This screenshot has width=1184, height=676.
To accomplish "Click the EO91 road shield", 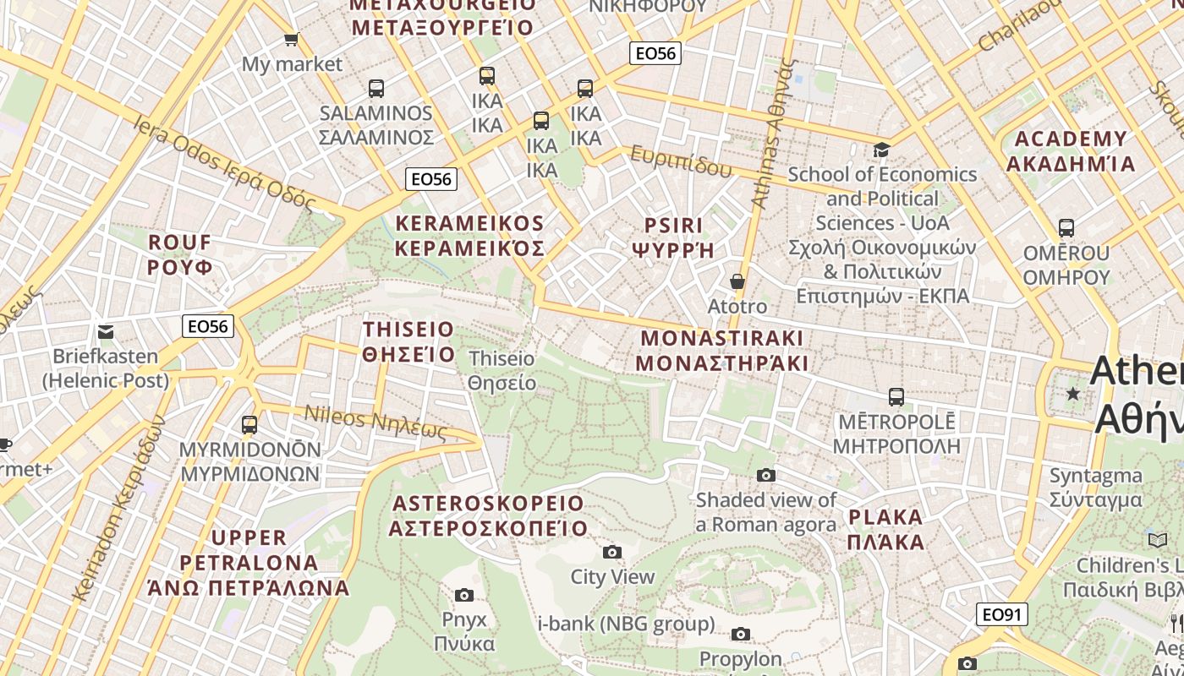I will (1002, 614).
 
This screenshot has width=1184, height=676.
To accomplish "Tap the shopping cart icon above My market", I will (292, 39).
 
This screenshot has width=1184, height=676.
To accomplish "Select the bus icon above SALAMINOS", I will (376, 88).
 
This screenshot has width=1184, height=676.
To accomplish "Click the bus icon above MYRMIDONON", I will (249, 424).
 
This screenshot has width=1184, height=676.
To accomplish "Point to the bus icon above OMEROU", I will (1066, 228).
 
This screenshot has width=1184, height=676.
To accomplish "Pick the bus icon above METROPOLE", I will (896, 396).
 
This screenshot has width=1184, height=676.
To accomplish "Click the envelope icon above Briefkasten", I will (106, 331).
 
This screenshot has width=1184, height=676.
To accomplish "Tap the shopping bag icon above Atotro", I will (737, 281).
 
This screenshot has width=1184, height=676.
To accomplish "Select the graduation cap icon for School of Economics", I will (882, 150).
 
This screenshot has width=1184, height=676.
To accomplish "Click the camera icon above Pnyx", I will (464, 595).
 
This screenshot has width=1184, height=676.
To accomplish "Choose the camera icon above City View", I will (612, 553).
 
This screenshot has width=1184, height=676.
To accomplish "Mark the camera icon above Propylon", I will (741, 634).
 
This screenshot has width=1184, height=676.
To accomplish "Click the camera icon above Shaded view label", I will (766, 475).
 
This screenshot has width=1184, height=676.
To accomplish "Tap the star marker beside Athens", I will (1073, 394).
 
